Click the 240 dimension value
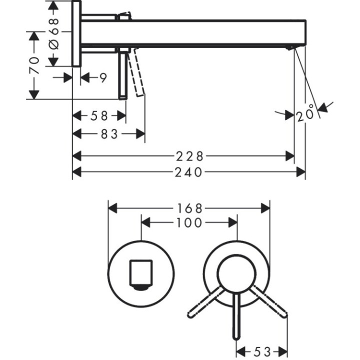tap(189, 172)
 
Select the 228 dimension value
tap(189, 156)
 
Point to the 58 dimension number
tap(99, 116)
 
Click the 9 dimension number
tap(102, 77)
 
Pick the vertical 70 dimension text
tap(34, 65)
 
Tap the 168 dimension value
tap(189, 207)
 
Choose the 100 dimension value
tap(189, 222)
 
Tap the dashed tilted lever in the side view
tap(136, 72)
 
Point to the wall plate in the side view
tap(76, 33)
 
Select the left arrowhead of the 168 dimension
tap(113, 207)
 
